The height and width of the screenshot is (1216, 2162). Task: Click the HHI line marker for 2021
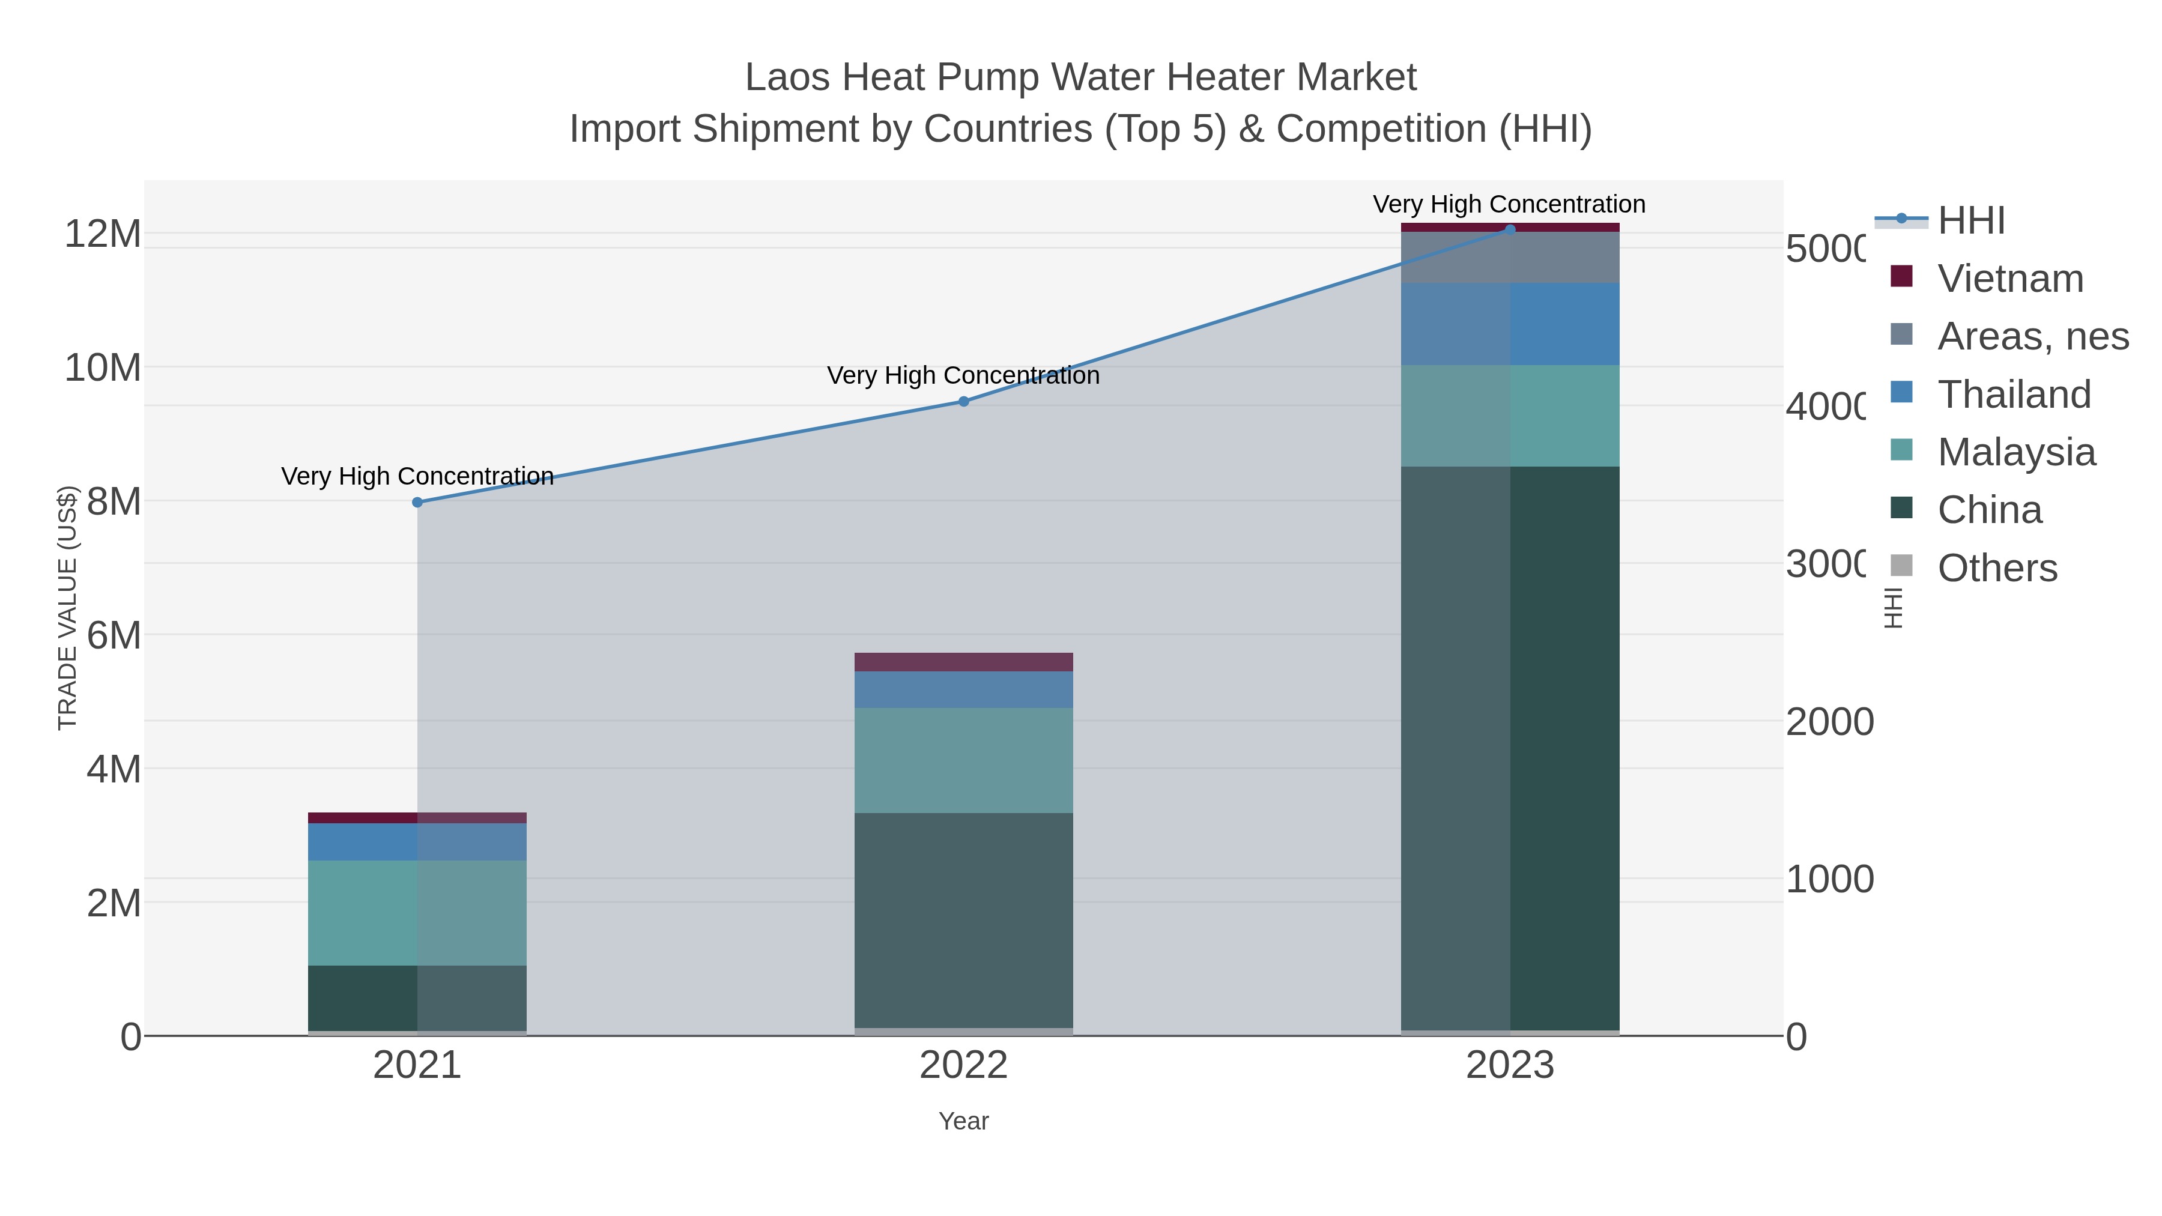click(417, 502)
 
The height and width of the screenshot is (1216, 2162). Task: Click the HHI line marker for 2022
click(963, 401)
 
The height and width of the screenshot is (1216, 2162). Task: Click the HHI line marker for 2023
click(1510, 229)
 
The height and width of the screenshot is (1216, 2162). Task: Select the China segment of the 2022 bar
click(963, 920)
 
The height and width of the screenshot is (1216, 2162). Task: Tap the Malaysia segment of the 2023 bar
click(1510, 416)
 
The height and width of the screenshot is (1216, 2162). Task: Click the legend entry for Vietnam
click(2010, 279)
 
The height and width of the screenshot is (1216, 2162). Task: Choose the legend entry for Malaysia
click(2016, 452)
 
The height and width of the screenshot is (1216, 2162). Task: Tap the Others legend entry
click(1997, 568)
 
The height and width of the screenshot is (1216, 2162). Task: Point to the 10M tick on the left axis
click(102, 368)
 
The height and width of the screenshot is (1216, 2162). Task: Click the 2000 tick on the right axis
click(1829, 722)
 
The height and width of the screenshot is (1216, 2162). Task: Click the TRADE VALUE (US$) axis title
click(67, 608)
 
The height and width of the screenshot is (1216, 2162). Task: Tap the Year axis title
click(963, 1121)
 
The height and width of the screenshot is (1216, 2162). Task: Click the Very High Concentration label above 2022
click(963, 375)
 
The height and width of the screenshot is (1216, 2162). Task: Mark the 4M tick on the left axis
click(114, 769)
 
